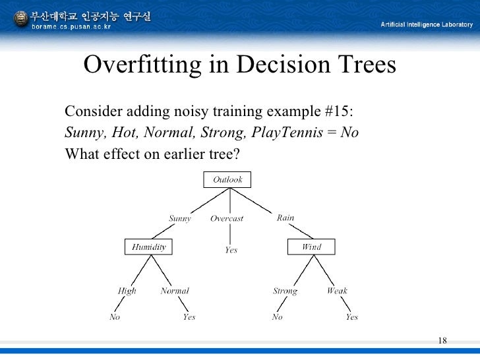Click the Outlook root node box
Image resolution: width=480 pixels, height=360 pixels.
[227, 179]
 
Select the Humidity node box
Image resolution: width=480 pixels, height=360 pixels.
[148, 247]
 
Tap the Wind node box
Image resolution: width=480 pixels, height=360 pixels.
[311, 247]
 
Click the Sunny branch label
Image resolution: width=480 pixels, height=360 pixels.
[179, 218]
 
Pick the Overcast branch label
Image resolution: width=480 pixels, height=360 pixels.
[227, 218]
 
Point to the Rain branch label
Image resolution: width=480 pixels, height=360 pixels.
[285, 218]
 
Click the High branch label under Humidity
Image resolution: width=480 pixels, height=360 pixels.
[127, 291]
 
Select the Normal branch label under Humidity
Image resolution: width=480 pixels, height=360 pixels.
[175, 291]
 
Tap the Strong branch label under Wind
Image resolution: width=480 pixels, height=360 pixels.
[285, 291]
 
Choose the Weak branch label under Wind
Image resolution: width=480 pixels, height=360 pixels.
[337, 291]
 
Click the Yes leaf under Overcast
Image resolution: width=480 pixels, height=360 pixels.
[231, 250]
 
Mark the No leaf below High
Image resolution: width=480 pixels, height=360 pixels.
[115, 317]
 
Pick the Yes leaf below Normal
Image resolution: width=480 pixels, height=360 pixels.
[189, 317]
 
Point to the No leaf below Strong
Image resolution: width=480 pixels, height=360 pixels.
[277, 317]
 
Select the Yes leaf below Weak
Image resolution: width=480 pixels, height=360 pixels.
[352, 317]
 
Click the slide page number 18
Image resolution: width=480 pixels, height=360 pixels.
[442, 340]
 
